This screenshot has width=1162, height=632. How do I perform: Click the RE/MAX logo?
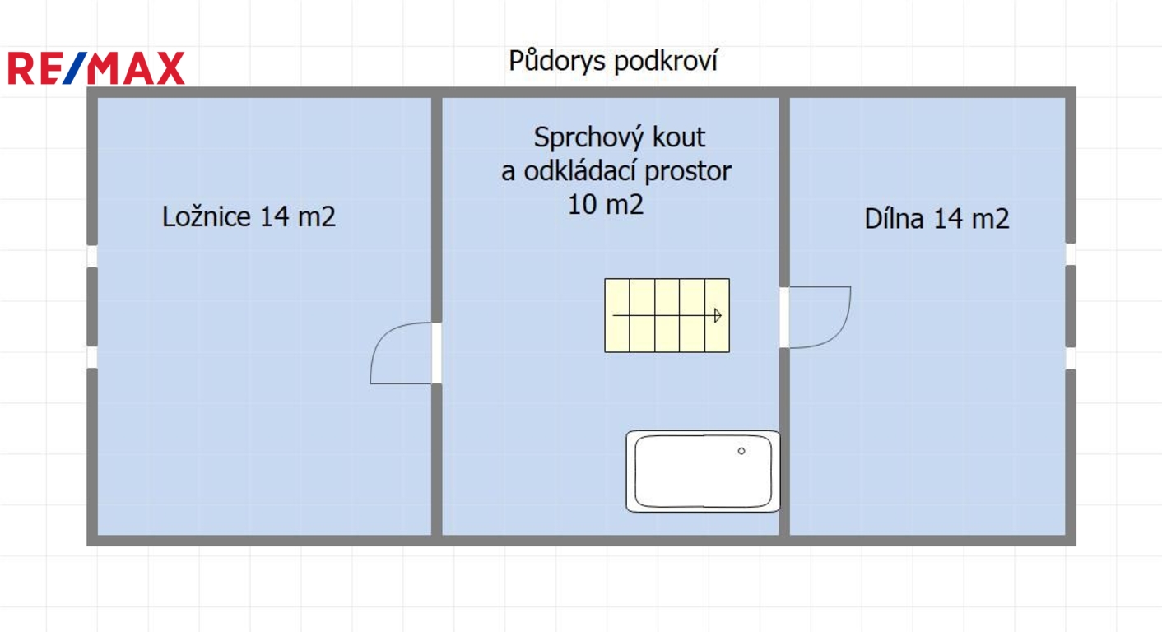pyautogui.click(x=96, y=68)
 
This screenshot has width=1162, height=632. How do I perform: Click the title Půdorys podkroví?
pyautogui.click(x=613, y=61)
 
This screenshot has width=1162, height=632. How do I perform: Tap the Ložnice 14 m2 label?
pyautogui.click(x=249, y=216)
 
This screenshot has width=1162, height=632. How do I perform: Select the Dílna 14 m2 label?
pyautogui.click(x=937, y=218)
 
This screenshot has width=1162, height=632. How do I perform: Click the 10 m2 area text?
pyautogui.click(x=606, y=204)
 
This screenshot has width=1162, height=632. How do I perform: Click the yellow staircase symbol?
pyautogui.click(x=667, y=315)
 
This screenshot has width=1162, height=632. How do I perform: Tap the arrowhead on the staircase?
pyautogui.click(x=718, y=315)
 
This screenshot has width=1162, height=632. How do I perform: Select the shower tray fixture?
pyautogui.click(x=703, y=472)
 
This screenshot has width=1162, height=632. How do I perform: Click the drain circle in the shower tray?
pyautogui.click(x=741, y=451)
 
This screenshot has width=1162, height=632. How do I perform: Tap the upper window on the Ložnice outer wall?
pyautogui.click(x=92, y=256)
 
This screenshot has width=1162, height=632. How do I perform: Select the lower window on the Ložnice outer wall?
pyautogui.click(x=92, y=357)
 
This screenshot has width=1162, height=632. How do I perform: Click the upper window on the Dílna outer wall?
pyautogui.click(x=1071, y=254)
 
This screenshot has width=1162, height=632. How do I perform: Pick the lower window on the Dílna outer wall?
pyautogui.click(x=1071, y=358)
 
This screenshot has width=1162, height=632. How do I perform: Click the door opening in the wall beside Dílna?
pyautogui.click(x=784, y=318)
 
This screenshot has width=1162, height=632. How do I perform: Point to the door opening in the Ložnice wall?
pyautogui.click(x=437, y=353)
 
